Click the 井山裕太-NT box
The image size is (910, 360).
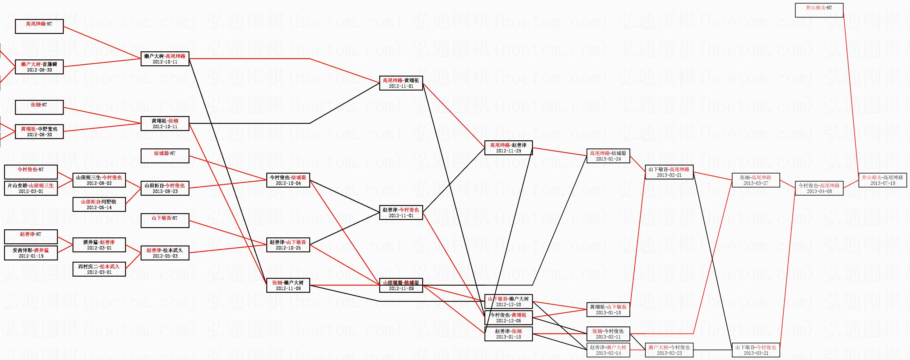pyautogui.click(x=819, y=10)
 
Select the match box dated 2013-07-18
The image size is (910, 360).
pyautogui.click(x=882, y=180)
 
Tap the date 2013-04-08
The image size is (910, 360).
pyautogui.click(x=819, y=191)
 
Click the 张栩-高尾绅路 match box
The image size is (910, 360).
pyautogui.click(x=756, y=180)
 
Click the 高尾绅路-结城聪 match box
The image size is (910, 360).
pyautogui.click(x=608, y=156)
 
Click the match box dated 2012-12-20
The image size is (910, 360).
pyautogui.click(x=508, y=302)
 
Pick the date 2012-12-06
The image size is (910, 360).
pyautogui.click(x=508, y=321)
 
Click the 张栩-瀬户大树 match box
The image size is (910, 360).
pyautogui.click(x=288, y=285)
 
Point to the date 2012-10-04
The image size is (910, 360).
pyautogui.click(x=288, y=183)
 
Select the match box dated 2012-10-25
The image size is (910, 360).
pyautogui.click(x=288, y=245)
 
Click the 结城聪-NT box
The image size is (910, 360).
pyautogui.click(x=165, y=156)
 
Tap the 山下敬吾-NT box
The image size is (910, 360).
pyautogui.click(x=165, y=221)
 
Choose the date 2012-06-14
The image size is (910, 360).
pyautogui.click(x=99, y=207)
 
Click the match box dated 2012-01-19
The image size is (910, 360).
pyautogui.click(x=31, y=253)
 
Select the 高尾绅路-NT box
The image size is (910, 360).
pyautogui.click(x=39, y=26)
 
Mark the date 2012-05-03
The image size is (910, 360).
pyautogui.click(x=165, y=256)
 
